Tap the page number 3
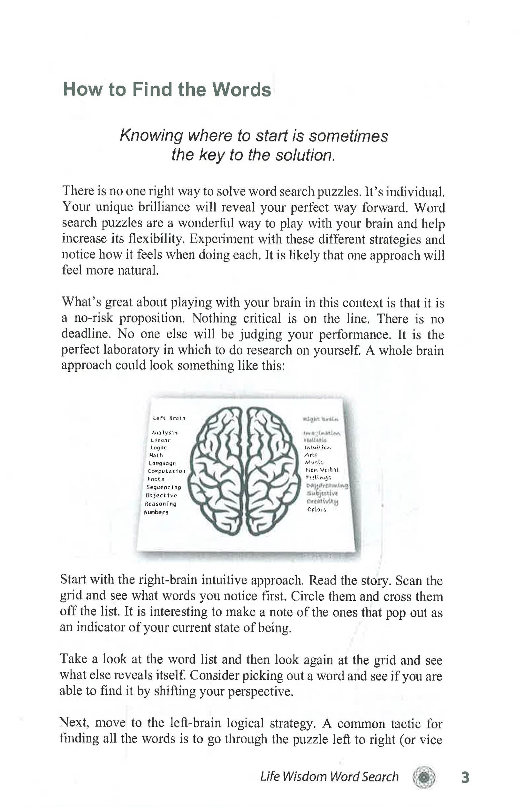click(465, 777)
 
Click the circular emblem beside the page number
click(424, 777)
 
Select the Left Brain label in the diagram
click(169, 418)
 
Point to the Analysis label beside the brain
click(164, 433)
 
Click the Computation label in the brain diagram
click(166, 471)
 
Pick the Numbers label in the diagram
click(156, 512)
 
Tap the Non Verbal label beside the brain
click(322, 470)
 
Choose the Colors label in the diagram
click(316, 509)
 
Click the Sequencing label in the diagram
click(163, 487)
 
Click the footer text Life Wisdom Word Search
click(329, 777)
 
